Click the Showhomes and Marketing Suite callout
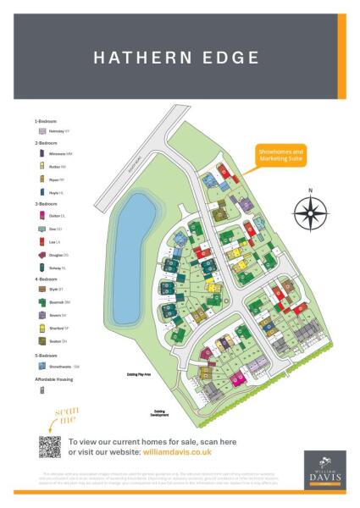280,154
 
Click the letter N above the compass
310,190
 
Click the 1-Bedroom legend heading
47,122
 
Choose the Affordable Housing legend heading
53,379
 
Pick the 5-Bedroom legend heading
47,355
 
